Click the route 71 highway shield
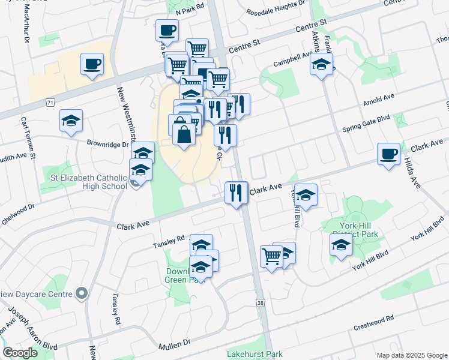click(49, 103)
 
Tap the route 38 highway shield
click(260, 304)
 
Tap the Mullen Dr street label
click(174, 346)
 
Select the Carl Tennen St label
click(28, 138)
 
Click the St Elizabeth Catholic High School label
click(88, 181)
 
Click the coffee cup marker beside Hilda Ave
click(388, 154)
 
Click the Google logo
click(20, 353)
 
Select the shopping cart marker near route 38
click(271, 256)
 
